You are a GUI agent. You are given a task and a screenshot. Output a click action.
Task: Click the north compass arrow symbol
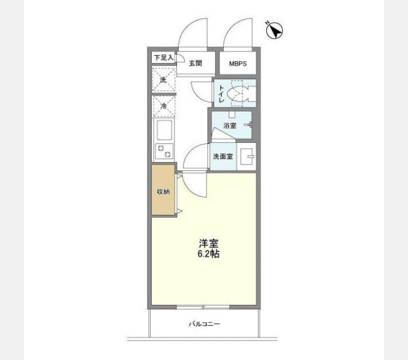(x=275, y=30)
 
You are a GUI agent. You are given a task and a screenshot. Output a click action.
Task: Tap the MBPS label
(x=238, y=64)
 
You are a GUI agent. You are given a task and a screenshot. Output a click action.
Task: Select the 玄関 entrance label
(x=196, y=63)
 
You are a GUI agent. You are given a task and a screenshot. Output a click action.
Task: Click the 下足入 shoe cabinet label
(x=163, y=58)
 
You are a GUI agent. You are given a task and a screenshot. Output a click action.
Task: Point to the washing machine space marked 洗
(x=164, y=79)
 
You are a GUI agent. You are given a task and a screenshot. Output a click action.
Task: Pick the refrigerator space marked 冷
(x=164, y=106)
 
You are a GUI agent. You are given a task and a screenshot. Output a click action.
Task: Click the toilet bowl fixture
(x=238, y=94)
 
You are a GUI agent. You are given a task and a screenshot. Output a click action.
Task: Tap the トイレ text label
(x=221, y=94)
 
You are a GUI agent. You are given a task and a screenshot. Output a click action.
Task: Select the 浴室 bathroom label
(x=230, y=125)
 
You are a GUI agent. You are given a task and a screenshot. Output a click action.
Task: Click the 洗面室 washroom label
(x=223, y=157)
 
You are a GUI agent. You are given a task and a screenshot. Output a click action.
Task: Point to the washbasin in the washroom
(x=247, y=157)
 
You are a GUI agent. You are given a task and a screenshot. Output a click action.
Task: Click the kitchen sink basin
(x=164, y=130)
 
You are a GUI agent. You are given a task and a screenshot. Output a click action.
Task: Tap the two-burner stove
(x=164, y=151)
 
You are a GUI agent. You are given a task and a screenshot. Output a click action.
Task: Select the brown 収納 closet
(x=163, y=190)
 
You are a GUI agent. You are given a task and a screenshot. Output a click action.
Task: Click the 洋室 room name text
(x=208, y=244)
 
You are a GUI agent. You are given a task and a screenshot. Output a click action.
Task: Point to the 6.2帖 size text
(x=208, y=254)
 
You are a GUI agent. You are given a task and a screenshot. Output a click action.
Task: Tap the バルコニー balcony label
(x=204, y=324)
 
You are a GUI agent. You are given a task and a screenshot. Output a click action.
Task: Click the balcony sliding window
(x=203, y=307)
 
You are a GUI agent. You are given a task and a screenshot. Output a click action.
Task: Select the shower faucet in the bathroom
(x=248, y=125)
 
